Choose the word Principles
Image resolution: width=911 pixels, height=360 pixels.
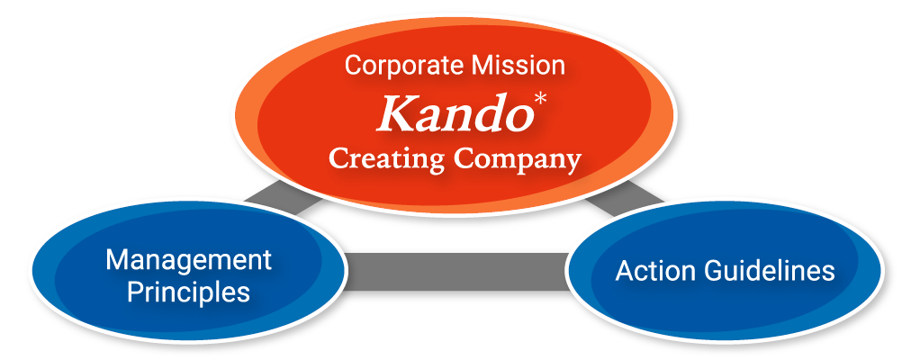(x=188, y=292)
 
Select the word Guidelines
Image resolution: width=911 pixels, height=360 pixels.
(x=770, y=271)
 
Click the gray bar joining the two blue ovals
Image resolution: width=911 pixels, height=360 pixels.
(x=456, y=271)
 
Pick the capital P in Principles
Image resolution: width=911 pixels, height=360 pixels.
(x=135, y=292)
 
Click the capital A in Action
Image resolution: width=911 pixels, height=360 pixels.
(x=625, y=271)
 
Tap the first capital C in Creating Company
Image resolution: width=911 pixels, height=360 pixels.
(x=340, y=157)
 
